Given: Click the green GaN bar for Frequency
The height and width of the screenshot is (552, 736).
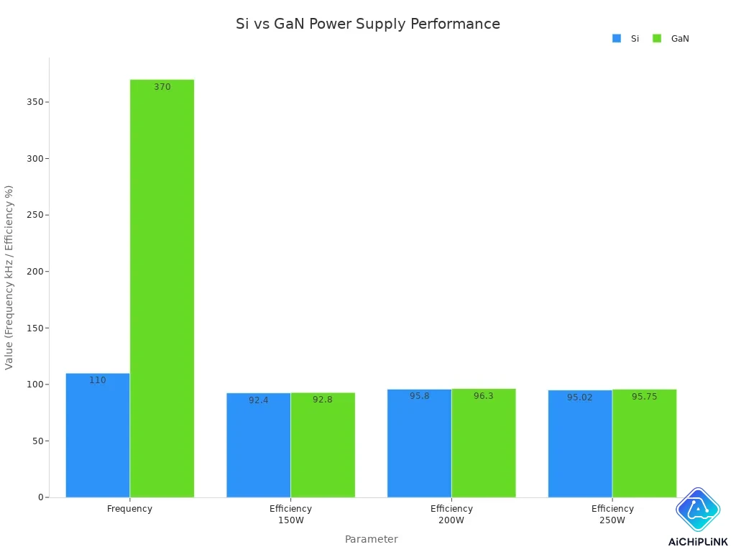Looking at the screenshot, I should click(162, 287).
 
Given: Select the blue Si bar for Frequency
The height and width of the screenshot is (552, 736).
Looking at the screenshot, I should click(98, 435).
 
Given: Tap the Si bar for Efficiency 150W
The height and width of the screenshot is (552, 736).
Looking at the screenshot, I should click(259, 445).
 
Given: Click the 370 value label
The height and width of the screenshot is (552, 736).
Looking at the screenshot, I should click(162, 87).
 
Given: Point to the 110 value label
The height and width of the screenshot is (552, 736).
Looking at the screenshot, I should click(98, 380).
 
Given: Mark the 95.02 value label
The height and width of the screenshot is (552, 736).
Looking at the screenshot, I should click(580, 397).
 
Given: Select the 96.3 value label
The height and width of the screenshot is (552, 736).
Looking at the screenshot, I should click(484, 396).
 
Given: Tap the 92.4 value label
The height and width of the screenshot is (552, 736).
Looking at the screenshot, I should click(259, 400).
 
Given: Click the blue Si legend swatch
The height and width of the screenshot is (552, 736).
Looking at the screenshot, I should click(617, 39).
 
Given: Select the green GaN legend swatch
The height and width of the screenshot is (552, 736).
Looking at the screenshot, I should click(657, 39).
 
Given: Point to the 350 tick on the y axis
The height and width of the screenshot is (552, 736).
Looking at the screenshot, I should click(34, 102).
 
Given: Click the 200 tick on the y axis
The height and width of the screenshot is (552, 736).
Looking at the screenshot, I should click(34, 272).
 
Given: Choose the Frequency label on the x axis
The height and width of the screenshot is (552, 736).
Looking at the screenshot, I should click(130, 509).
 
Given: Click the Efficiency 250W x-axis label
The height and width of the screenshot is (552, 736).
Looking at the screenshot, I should click(612, 514).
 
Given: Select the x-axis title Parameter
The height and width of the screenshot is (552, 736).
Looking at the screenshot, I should click(371, 539).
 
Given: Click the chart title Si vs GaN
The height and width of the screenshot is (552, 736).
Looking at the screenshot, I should click(368, 24).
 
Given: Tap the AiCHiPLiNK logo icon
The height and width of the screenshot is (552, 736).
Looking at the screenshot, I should click(698, 510).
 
